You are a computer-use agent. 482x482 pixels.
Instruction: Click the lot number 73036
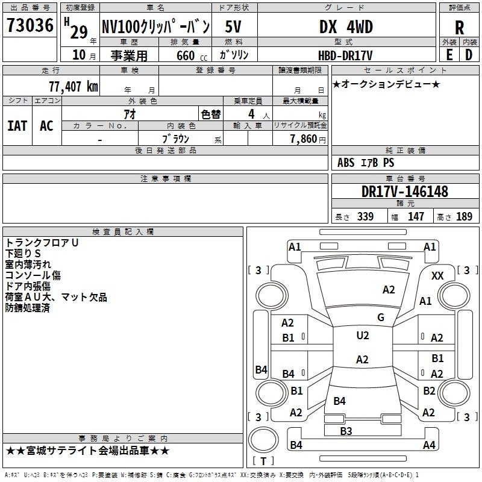coord(30,25)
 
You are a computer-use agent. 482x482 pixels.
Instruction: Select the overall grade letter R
coord(459,28)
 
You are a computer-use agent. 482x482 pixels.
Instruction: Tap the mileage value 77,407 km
coord(74,87)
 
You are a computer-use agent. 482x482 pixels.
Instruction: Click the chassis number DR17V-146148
coord(405,192)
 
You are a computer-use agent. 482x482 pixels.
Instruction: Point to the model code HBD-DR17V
coord(345,55)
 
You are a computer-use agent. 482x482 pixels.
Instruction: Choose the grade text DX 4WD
coord(346,27)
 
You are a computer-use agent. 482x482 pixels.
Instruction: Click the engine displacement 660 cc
coord(192,55)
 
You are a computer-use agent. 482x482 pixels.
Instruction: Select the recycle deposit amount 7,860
coord(304,139)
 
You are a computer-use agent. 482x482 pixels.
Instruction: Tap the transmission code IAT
coord(17,126)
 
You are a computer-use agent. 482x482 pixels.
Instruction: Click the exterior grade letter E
coord(449,55)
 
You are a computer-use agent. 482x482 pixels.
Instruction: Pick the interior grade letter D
coord(469,55)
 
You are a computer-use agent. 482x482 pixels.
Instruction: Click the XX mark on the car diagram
coord(437,276)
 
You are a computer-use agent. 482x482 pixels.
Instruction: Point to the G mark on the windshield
coord(381,318)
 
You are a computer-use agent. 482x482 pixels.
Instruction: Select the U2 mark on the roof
coord(363,336)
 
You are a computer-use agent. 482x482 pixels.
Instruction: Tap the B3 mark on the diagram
coord(346,431)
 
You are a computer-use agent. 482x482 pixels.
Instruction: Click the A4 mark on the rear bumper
coord(429,445)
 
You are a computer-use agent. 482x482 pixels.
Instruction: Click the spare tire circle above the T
coord(263,440)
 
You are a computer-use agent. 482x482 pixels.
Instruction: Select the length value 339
coord(365,216)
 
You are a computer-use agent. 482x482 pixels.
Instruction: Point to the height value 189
coord(464,216)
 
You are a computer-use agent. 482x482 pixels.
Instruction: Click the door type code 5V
coord(233,27)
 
